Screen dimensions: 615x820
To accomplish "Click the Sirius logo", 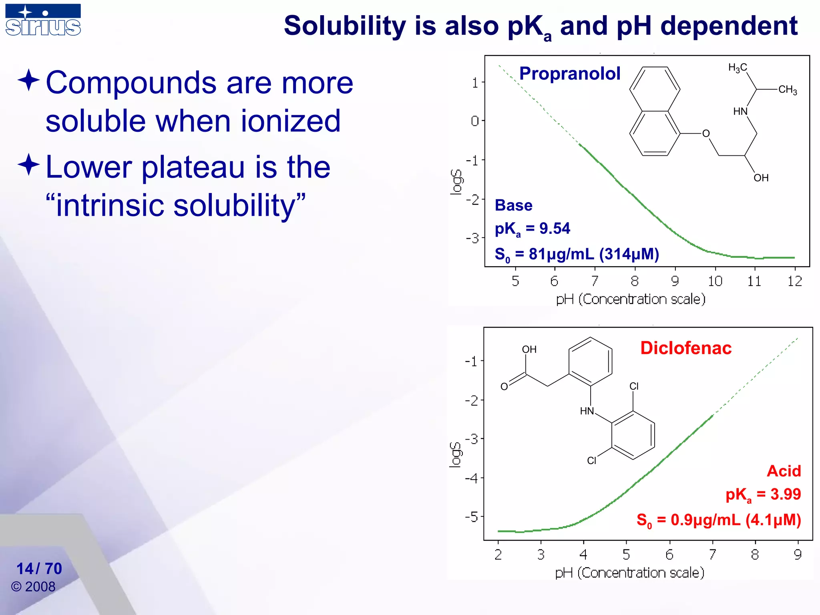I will pyautogui.click(x=43, y=20).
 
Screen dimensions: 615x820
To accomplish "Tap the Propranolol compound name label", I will pyautogui.click(x=569, y=74).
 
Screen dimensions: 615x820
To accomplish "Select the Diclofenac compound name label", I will pyautogui.click(x=685, y=348).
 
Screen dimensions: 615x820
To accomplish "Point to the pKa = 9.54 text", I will pyautogui.click(x=532, y=229).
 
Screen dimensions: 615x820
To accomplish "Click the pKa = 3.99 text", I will pyautogui.click(x=763, y=494).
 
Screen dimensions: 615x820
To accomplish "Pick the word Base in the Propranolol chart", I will pyautogui.click(x=513, y=205).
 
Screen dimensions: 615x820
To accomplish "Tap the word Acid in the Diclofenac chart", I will pyautogui.click(x=784, y=471).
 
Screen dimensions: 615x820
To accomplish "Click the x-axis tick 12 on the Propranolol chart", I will pyautogui.click(x=794, y=281).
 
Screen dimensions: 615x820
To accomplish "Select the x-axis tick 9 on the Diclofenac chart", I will pyautogui.click(x=798, y=555).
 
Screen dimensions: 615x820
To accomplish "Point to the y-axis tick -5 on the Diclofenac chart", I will pyautogui.click(x=472, y=517).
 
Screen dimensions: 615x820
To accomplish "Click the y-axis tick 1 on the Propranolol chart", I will pyautogui.click(x=475, y=83).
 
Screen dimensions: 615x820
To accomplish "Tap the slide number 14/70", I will pyautogui.click(x=39, y=569).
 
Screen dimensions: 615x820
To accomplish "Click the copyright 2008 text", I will pyautogui.click(x=33, y=587).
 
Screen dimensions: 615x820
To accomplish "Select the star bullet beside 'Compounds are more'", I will pyautogui.click(x=29, y=80).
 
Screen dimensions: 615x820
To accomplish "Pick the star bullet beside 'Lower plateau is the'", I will pyautogui.click(x=29, y=165).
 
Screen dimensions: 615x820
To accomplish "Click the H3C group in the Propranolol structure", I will pyautogui.click(x=738, y=68).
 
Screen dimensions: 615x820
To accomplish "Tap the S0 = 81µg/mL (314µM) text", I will pyautogui.click(x=577, y=255).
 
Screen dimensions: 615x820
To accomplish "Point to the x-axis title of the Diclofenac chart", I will pyautogui.click(x=629, y=573).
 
